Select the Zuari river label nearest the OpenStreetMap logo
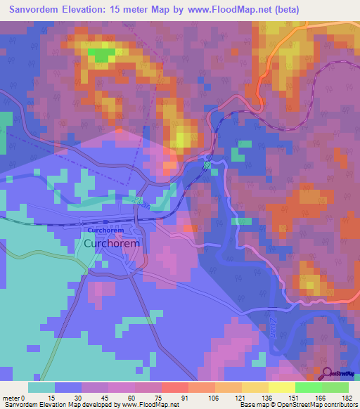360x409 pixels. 273,325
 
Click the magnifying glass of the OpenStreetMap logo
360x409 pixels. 326,373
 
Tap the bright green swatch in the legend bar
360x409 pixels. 308,387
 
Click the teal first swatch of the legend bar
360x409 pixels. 41,387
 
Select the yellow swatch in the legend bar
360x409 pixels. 281,387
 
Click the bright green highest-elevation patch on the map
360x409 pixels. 101,54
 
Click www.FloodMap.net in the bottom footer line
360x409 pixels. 148,405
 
